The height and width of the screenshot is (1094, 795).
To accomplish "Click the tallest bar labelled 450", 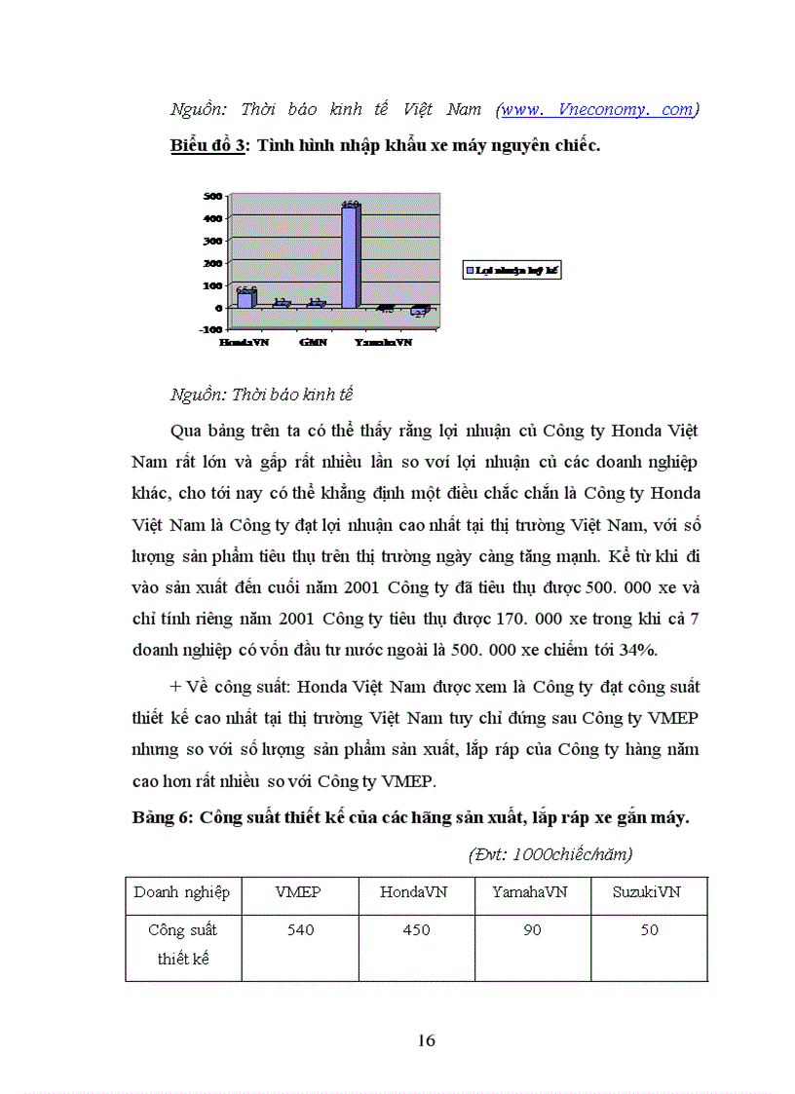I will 350,255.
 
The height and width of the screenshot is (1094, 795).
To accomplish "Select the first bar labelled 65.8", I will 246,298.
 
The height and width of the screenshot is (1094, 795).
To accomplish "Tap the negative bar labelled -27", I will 420,311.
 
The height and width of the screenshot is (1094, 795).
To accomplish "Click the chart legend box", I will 511,270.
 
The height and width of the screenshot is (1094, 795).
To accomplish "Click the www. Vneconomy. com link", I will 596,110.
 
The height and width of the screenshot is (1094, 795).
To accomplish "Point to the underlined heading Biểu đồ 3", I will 207,145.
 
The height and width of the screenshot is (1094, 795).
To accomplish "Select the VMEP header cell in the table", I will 299,892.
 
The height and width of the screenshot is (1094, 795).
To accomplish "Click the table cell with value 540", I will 300,930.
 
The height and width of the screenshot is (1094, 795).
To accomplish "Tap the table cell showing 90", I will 532,930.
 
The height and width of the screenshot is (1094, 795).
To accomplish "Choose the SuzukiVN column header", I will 648,892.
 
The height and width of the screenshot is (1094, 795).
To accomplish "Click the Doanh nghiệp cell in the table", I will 182,892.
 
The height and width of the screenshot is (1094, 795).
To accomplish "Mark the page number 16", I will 426,1040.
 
